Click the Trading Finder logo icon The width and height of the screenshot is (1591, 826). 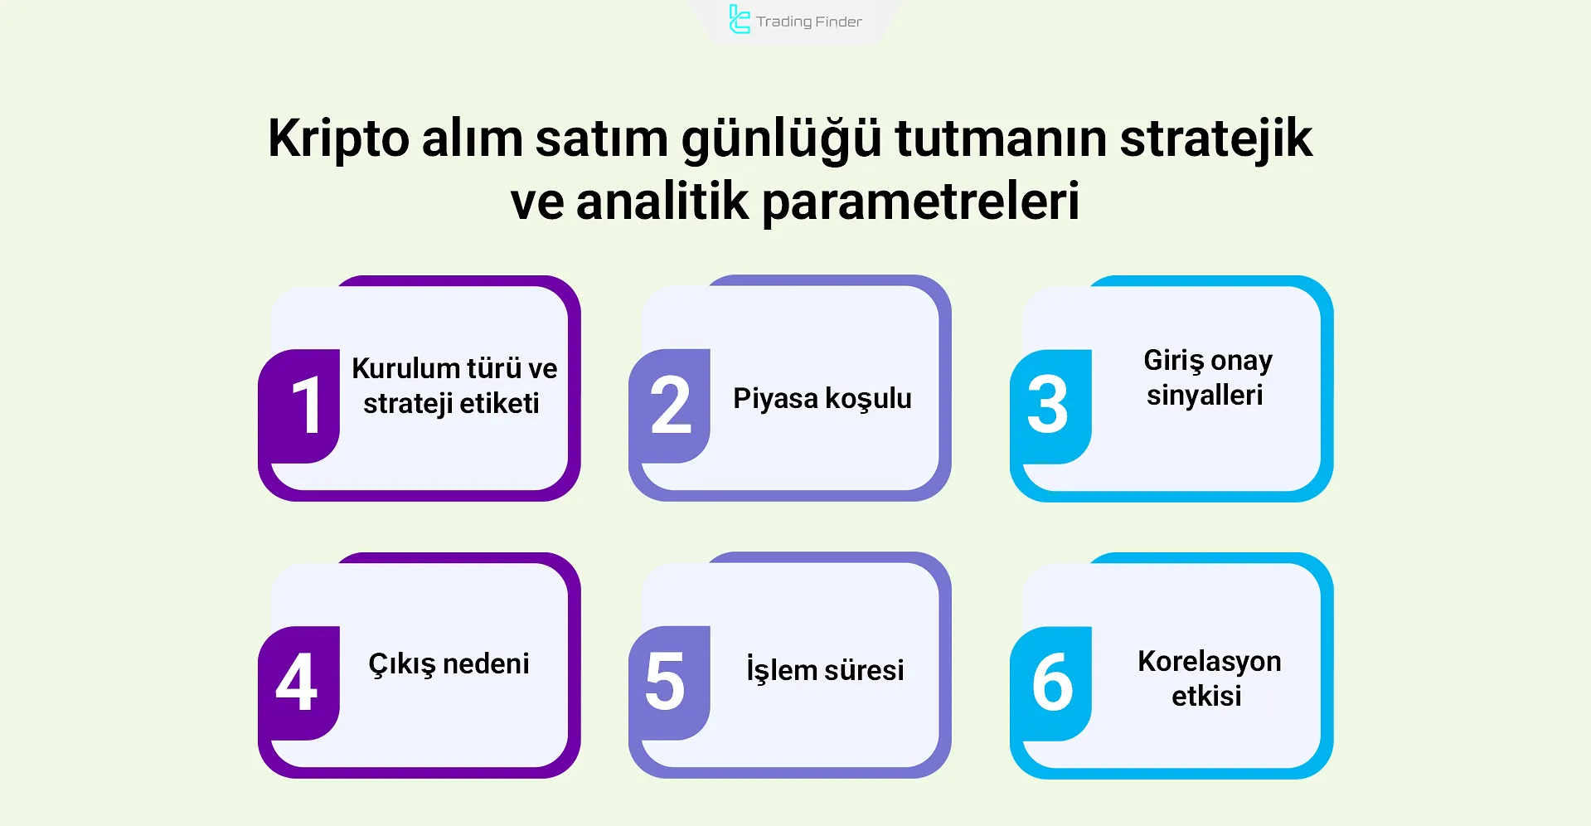point(739,20)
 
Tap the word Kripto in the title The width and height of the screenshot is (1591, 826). point(338,139)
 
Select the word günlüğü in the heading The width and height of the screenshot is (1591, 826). point(781,139)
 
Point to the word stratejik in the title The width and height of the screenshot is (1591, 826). point(1215,139)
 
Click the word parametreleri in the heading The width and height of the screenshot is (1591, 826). point(920,202)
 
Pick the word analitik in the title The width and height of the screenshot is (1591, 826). point(662,202)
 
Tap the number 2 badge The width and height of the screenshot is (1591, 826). point(670,406)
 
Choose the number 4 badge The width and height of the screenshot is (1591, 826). point(297,683)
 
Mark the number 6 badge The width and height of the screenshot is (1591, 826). point(1051,683)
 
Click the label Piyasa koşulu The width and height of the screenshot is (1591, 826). point(822,399)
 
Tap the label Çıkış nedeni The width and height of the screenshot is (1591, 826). point(449,664)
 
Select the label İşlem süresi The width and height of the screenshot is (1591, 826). point(825,669)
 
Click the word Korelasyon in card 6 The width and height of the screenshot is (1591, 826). point(1209,661)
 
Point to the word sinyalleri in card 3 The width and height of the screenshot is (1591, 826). point(1205,396)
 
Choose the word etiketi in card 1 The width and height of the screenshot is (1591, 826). point(499,404)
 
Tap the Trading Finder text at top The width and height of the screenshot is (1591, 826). point(808,22)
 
